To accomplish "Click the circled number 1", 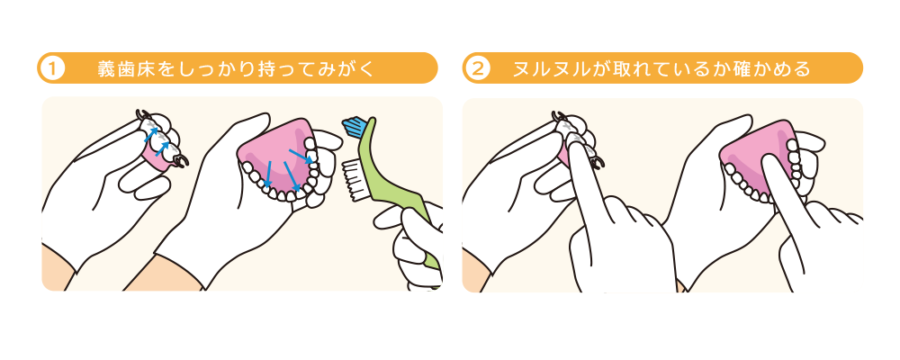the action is point(52,69).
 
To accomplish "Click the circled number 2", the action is point(478,69).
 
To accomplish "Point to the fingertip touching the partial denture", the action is point(576,142).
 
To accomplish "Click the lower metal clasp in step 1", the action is point(182,162).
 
